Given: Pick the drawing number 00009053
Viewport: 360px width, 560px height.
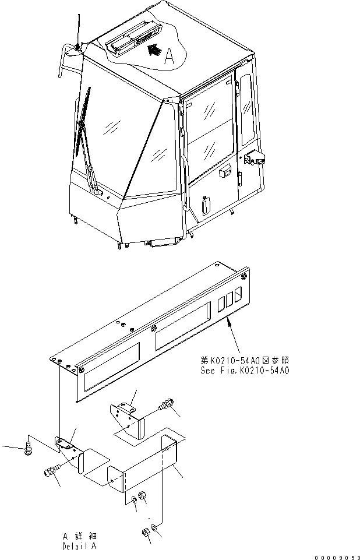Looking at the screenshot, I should pos(336,557).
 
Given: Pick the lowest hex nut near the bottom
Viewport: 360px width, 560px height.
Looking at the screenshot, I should pos(145,532).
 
